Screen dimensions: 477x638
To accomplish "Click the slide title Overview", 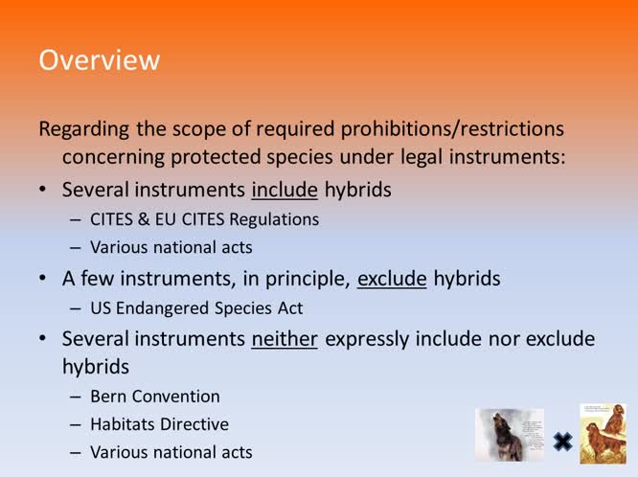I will [99, 60].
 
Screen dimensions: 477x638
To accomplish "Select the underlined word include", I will [285, 190].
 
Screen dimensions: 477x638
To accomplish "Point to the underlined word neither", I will [285, 339].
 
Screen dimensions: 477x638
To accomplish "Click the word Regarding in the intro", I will [82, 128].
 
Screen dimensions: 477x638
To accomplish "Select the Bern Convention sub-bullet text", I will [154, 396].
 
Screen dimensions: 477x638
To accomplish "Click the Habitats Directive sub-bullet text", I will [159, 423].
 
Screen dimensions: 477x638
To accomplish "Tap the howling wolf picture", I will [510, 436].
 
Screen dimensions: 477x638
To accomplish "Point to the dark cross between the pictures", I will [562, 442].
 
